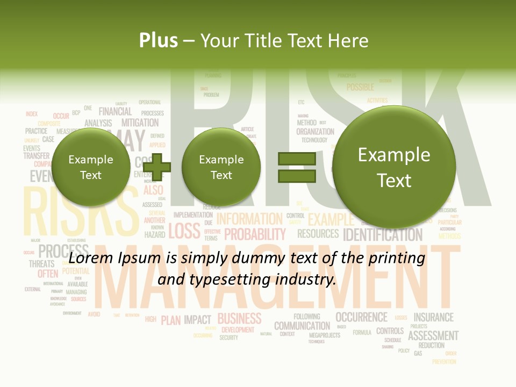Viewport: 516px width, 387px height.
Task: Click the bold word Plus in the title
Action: click(x=158, y=40)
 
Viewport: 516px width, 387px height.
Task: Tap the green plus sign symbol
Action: click(x=156, y=167)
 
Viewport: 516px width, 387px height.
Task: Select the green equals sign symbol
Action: click(x=296, y=167)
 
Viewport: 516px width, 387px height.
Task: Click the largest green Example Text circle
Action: click(x=394, y=167)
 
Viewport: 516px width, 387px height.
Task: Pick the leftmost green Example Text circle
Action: click(x=90, y=167)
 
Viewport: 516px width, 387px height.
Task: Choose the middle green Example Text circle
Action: click(x=221, y=167)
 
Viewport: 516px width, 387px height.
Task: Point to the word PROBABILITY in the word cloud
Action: click(x=255, y=234)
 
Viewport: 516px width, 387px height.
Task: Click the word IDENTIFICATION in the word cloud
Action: click(x=383, y=235)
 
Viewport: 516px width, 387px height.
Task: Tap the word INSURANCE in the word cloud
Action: click(x=433, y=317)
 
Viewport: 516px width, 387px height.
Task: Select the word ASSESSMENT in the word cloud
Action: click(x=433, y=335)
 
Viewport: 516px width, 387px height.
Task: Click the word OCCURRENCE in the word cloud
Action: click(x=361, y=317)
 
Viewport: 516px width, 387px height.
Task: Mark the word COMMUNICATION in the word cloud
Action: click(x=302, y=326)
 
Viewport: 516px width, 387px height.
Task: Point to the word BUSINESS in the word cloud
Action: click(x=239, y=318)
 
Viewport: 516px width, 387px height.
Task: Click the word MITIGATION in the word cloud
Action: click(x=140, y=123)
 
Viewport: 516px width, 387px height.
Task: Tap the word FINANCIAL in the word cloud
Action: click(x=115, y=111)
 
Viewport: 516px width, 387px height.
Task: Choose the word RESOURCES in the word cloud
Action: click(x=318, y=234)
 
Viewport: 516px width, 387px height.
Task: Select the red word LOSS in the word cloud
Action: click(x=184, y=231)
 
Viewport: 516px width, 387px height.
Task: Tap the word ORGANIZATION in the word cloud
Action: click(x=315, y=131)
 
